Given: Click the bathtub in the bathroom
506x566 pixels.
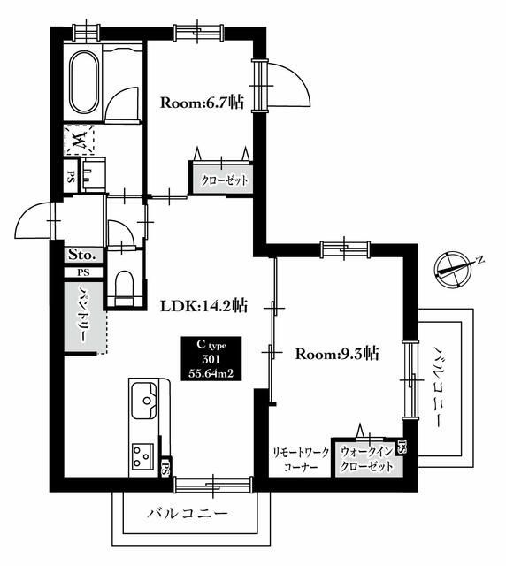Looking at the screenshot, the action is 84,82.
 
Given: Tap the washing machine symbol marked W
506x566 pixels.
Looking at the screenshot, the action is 79,140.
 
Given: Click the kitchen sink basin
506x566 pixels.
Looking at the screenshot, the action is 143,400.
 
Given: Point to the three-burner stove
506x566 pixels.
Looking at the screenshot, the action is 142,456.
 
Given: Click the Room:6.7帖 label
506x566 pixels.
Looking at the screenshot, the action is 202,103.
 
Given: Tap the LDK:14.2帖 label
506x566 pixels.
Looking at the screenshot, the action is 203,307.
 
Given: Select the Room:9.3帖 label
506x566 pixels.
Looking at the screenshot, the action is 337,354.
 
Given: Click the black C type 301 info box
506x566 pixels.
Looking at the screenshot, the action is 211,358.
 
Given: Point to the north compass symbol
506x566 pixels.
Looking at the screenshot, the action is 455,269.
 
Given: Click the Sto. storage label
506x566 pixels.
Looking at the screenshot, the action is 82,255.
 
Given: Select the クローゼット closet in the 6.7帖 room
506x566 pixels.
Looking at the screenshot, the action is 222,179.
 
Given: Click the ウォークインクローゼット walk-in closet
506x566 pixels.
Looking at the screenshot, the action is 368,458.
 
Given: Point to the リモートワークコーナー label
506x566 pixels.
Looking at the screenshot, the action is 301,459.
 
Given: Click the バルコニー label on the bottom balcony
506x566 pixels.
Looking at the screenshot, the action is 188,513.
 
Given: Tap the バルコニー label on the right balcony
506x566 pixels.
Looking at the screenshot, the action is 439,387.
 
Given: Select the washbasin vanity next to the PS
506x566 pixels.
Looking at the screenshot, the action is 93,175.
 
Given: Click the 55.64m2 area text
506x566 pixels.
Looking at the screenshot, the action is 211,373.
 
